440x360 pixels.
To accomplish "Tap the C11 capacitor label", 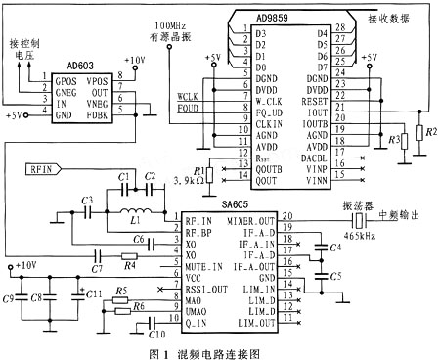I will click(94, 292).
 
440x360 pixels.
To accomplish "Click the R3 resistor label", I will click(394, 142).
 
